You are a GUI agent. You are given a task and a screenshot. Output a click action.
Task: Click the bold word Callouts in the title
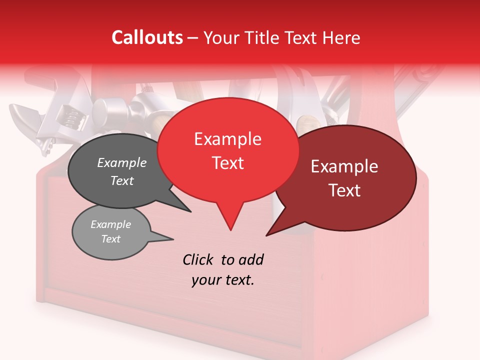click(147, 37)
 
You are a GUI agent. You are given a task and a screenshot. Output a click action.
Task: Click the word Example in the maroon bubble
click(344, 166)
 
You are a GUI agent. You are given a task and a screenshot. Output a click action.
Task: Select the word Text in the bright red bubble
click(228, 163)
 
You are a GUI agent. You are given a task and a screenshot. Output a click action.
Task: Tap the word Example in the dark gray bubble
click(122, 162)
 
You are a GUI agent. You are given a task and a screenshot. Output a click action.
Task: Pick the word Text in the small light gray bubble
click(111, 239)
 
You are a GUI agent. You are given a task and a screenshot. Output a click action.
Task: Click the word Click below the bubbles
click(198, 259)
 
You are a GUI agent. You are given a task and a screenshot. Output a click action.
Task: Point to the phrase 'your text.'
click(223, 280)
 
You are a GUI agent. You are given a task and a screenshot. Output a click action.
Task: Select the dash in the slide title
click(193, 38)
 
